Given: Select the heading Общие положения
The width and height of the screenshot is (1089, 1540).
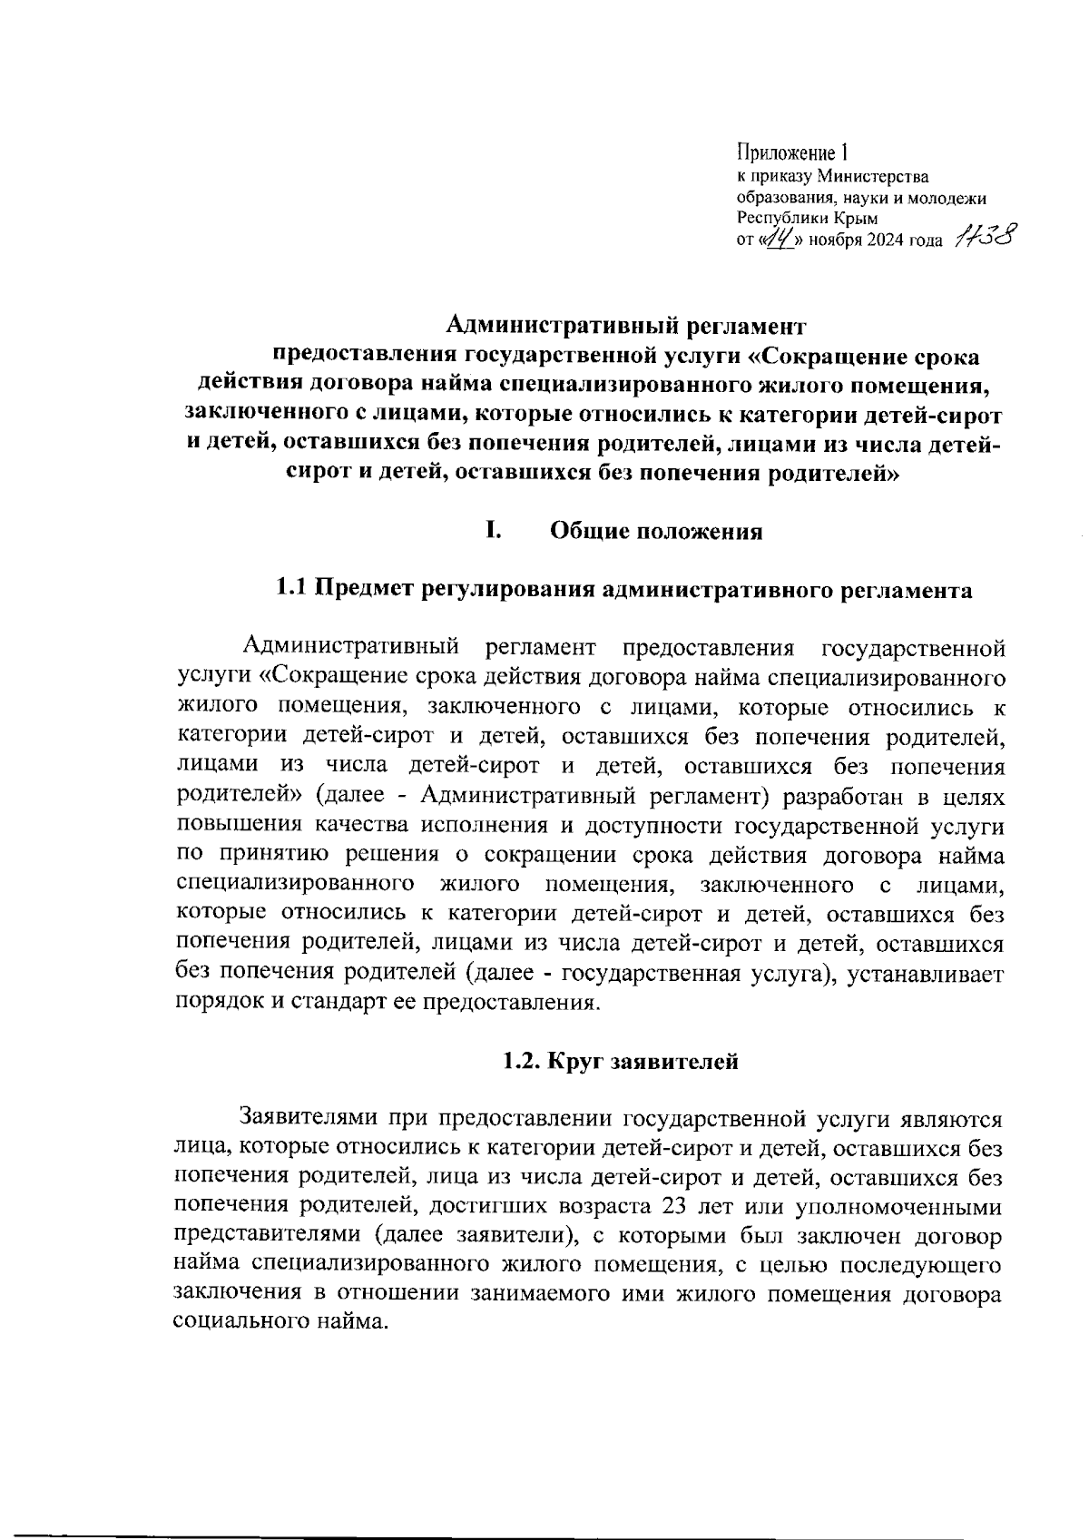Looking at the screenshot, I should point(656,532).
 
